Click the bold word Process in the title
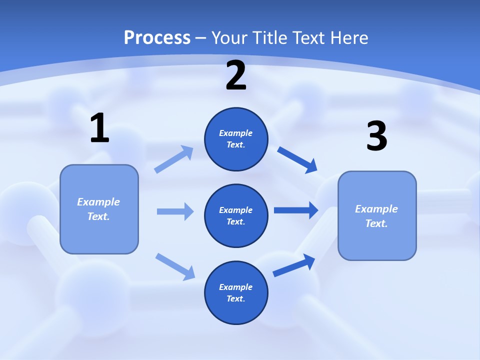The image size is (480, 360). tap(157, 38)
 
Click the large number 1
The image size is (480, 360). tap(99, 128)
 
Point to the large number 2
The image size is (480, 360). tap(236, 75)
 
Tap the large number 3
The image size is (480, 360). tap(376, 136)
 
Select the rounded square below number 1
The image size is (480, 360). tap(99, 209)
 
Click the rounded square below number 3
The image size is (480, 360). tap(377, 215)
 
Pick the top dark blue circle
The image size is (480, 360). tap(236, 139)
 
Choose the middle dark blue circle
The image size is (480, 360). tap(236, 215)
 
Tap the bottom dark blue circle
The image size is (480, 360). tap(236, 292)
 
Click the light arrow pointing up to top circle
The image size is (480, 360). tap(174, 159)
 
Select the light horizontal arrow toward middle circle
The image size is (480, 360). tap(174, 211)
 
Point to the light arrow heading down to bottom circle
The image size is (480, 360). tap(175, 266)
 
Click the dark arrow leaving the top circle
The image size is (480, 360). tap(297, 159)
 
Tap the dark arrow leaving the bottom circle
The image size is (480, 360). tap(294, 265)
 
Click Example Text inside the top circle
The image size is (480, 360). tap(236, 139)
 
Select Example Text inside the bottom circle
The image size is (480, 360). tap(236, 292)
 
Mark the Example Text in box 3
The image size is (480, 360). tap(376, 216)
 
